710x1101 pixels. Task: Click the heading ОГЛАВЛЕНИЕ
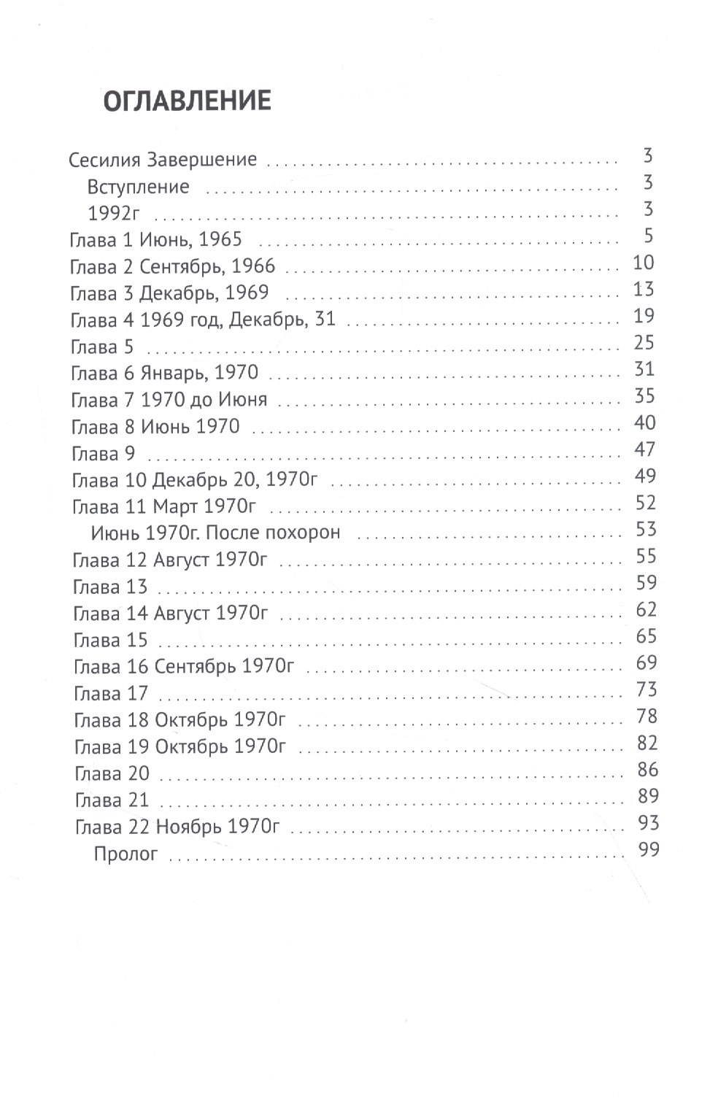[x=187, y=101]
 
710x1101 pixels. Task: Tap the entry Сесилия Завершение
[x=163, y=160]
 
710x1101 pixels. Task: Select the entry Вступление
[x=138, y=187]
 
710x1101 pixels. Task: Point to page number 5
[x=648, y=236]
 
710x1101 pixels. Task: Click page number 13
[x=644, y=290]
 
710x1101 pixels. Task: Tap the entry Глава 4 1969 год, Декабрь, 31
[x=202, y=320]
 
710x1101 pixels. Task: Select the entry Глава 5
[x=102, y=347]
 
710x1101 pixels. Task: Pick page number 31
[x=644, y=369]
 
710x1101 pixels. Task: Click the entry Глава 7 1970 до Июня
[x=169, y=400]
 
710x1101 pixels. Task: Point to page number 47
[x=644, y=449]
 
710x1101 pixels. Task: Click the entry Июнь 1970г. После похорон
[x=215, y=533]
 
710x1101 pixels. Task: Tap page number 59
[x=646, y=583]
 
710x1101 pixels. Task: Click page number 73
[x=646, y=689]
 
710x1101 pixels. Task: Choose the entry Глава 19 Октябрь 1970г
[x=180, y=746]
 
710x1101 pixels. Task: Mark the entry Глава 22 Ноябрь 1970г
[x=177, y=827]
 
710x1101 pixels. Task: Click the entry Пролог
[x=126, y=853]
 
